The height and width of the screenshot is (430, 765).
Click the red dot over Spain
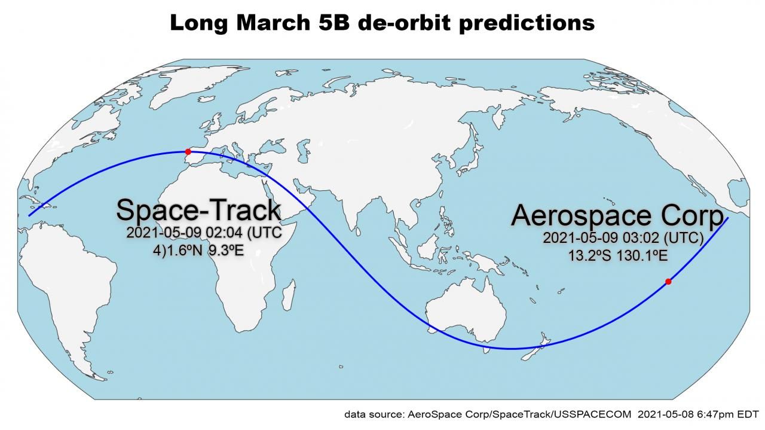tap(188, 151)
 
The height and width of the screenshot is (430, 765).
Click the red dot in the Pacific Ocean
tap(668, 282)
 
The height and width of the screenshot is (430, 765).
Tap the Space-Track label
tap(199, 210)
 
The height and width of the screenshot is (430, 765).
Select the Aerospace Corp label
tap(617, 215)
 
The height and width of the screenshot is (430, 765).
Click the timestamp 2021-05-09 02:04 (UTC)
tap(204, 233)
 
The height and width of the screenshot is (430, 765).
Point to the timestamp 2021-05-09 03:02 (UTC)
tap(623, 238)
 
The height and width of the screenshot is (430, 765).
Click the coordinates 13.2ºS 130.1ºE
tap(618, 255)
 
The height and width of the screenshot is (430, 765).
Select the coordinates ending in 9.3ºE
tap(198, 251)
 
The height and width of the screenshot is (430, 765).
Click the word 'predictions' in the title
tap(527, 23)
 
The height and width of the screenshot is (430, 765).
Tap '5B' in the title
tap(333, 23)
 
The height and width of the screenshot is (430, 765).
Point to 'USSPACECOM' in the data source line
tap(592, 414)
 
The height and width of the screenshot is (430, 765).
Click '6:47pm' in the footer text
tap(716, 415)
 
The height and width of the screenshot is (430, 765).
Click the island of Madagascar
tap(289, 295)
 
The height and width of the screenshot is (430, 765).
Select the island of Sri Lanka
tap(358, 232)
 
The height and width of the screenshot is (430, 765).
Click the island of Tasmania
tap(485, 350)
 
